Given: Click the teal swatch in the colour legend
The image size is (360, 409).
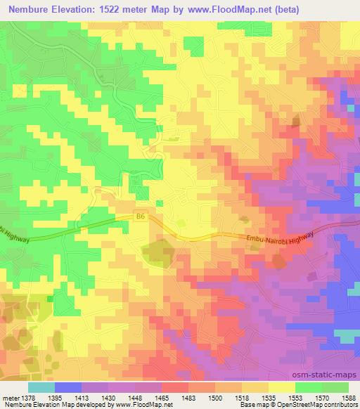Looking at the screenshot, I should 41,387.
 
